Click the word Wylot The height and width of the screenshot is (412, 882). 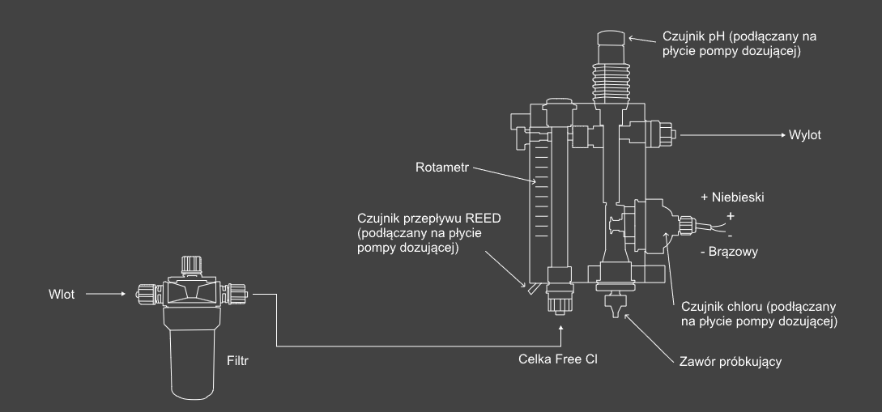click(804, 135)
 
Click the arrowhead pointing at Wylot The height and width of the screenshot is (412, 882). click(779, 135)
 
